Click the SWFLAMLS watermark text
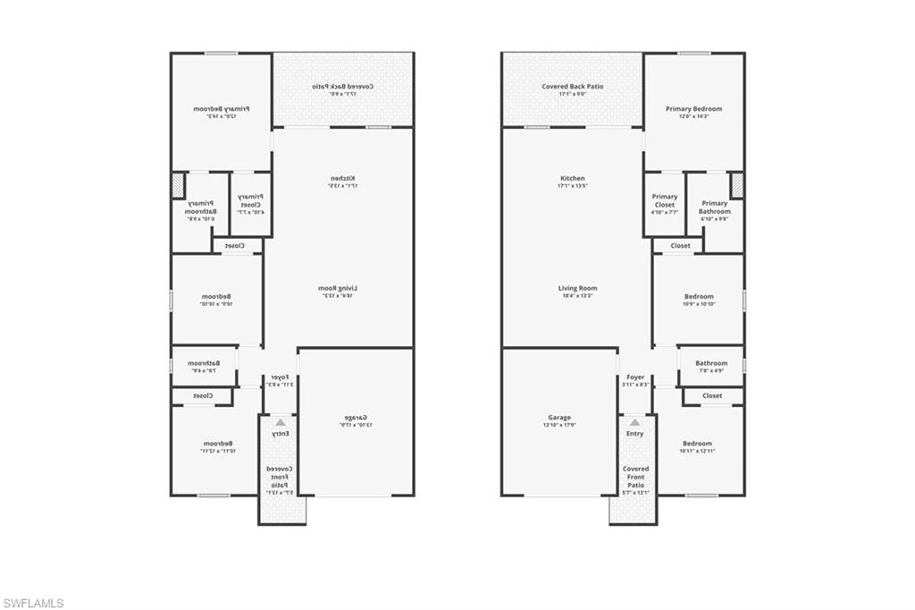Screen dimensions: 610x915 point(33,603)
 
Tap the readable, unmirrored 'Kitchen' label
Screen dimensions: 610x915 point(572,179)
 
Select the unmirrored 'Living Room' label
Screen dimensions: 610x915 point(577,288)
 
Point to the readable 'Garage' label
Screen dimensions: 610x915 point(559,418)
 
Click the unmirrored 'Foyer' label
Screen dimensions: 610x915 point(635,377)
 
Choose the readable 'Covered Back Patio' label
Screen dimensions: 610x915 point(572,87)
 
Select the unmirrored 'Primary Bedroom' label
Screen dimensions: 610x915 point(693,109)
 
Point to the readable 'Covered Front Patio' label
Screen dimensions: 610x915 point(635,477)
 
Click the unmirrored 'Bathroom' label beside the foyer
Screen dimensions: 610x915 point(711,363)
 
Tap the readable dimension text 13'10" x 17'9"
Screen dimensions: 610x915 point(559,426)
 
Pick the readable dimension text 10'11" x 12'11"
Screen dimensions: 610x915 point(697,452)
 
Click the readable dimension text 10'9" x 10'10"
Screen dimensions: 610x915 point(698,305)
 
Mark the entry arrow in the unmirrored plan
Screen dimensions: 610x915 point(634,422)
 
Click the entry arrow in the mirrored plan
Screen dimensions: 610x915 point(281,422)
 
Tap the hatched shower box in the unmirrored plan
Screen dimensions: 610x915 point(737,185)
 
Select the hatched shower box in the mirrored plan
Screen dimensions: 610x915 point(178,185)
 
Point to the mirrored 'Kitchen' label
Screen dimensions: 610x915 point(336,179)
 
